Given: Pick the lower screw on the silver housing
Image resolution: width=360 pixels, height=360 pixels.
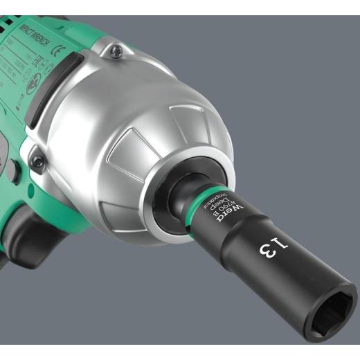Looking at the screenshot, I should tap(38, 162).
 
